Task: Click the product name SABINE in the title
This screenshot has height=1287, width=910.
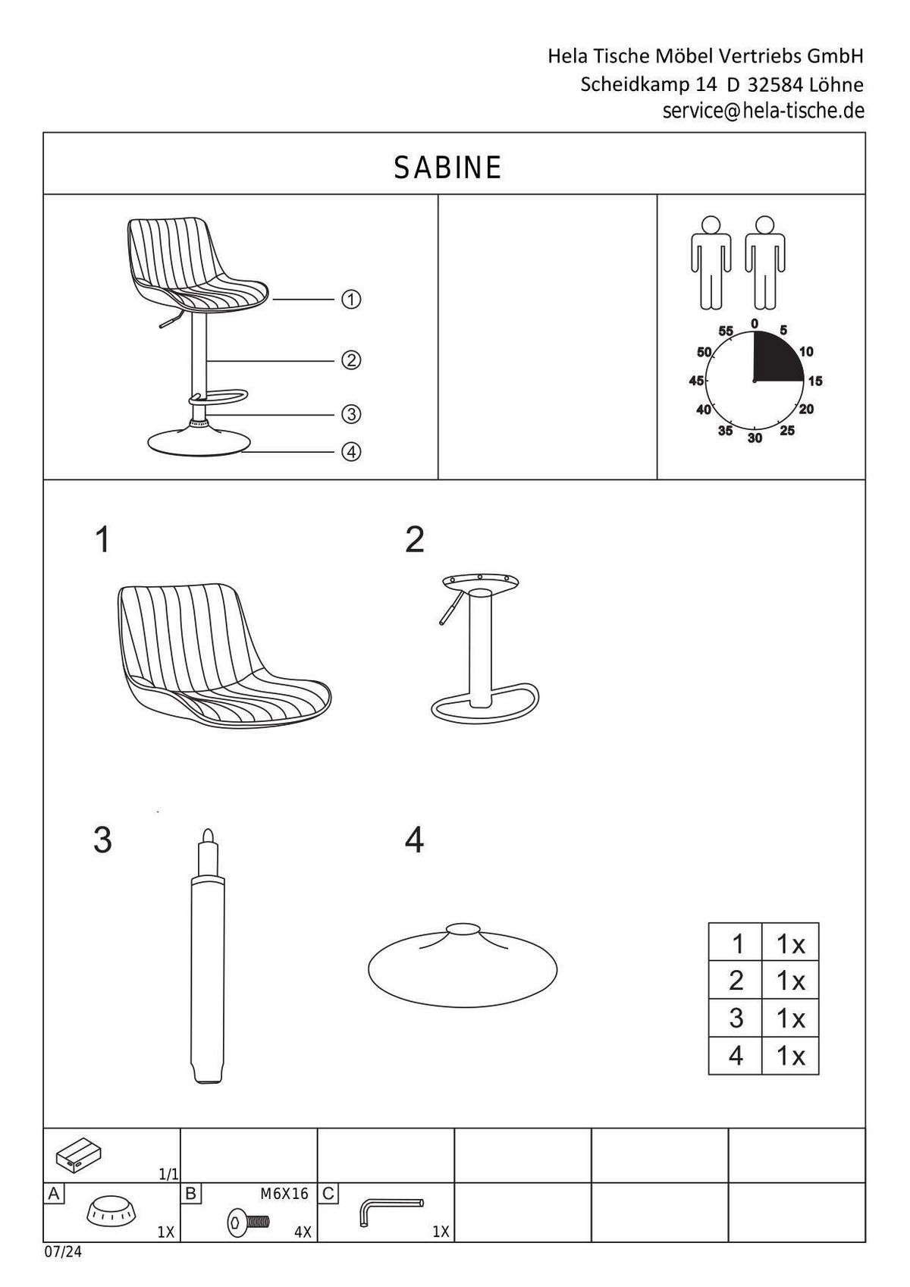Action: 447,168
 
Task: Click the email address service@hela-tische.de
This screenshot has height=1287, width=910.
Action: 763,111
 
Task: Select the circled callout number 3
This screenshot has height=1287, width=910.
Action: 350,414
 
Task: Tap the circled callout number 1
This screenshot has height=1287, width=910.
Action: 350,300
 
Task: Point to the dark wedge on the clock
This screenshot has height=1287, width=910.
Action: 775,358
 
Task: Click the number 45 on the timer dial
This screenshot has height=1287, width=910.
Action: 696,381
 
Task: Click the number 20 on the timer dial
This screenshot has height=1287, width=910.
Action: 807,409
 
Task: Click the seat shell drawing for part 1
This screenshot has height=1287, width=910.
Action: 220,652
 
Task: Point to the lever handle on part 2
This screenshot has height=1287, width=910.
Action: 448,611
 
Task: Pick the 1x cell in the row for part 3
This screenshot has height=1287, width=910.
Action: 789,1018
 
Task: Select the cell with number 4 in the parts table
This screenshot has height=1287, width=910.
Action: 735,1055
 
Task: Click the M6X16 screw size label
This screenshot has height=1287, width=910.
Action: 284,1194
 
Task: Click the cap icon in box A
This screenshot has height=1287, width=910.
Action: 111,1210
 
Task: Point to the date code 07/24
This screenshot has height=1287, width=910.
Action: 62,1252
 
